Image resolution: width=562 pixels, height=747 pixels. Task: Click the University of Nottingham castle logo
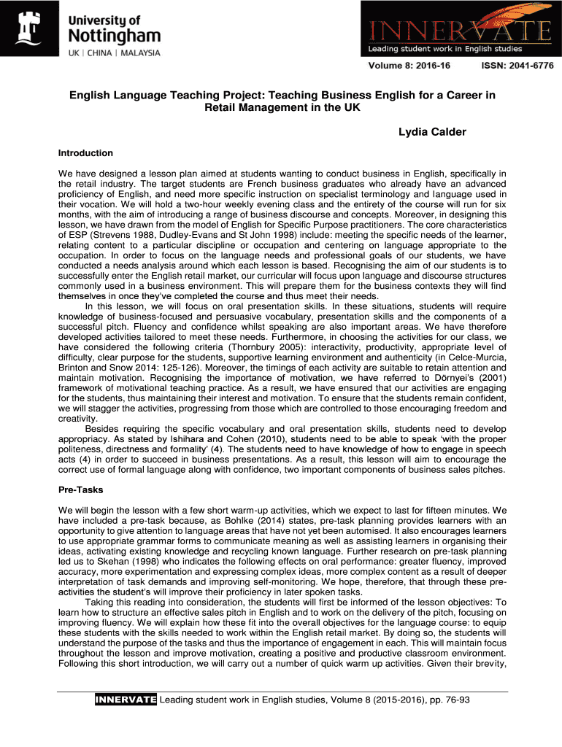31,28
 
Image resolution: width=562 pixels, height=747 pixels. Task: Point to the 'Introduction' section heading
85,153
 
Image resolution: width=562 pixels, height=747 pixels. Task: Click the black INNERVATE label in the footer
126,700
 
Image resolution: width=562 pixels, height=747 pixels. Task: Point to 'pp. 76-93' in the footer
447,700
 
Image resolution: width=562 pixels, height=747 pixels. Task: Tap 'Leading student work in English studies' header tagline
445,49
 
